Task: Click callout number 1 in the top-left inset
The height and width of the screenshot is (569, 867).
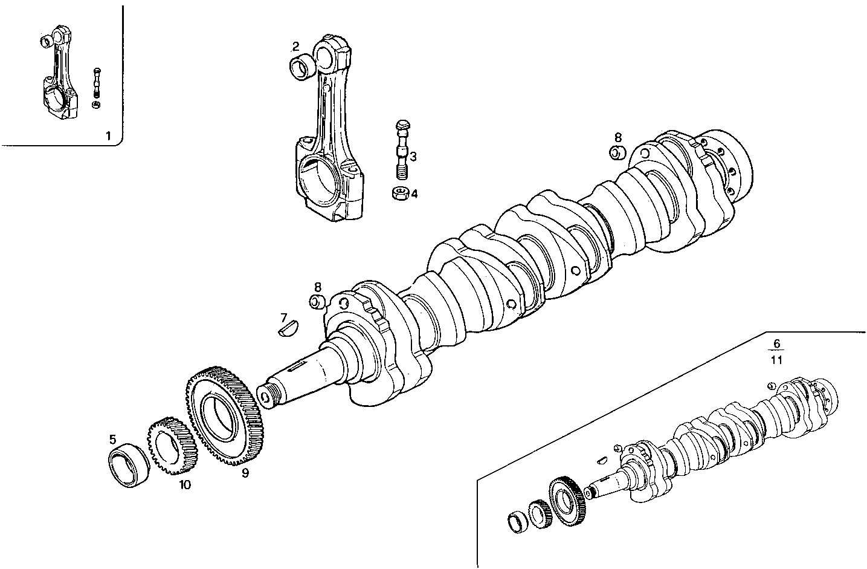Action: tap(108, 135)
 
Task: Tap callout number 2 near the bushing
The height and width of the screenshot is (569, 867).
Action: tap(295, 47)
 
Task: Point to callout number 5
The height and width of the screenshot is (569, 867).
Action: tap(113, 440)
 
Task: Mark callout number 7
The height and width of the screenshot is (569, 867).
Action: tap(283, 317)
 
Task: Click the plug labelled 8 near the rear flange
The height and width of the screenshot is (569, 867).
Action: tap(617, 153)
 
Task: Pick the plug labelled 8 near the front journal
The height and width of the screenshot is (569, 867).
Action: tap(317, 302)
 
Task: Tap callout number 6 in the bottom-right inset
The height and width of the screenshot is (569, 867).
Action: tap(777, 344)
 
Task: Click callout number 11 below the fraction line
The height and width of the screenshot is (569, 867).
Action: tap(777, 360)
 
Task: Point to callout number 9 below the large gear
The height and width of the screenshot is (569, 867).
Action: tap(245, 473)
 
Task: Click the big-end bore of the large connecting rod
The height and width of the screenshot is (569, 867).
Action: tap(320, 177)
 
